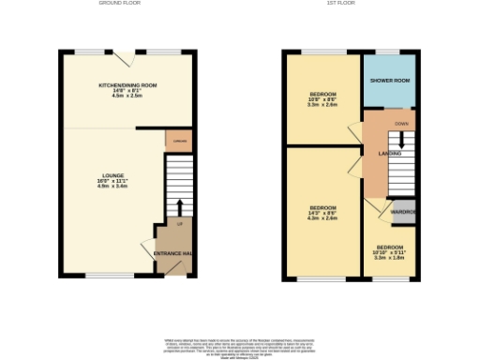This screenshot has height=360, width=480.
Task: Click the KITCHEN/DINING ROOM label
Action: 127,85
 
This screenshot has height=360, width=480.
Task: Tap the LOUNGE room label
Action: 113,175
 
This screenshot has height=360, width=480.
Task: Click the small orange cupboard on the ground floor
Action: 178,141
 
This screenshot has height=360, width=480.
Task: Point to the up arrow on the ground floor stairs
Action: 179,205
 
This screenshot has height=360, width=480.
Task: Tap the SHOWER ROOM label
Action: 389,81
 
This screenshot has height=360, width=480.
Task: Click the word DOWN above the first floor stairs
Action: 401,124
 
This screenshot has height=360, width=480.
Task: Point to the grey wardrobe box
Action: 403,211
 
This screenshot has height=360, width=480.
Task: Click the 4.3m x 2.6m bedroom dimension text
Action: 322,217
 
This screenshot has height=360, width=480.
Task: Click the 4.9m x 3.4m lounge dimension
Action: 113,187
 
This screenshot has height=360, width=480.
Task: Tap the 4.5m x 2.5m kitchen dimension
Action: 127,96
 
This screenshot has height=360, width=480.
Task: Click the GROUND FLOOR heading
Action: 120,4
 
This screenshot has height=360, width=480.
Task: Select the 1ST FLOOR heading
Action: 338,4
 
